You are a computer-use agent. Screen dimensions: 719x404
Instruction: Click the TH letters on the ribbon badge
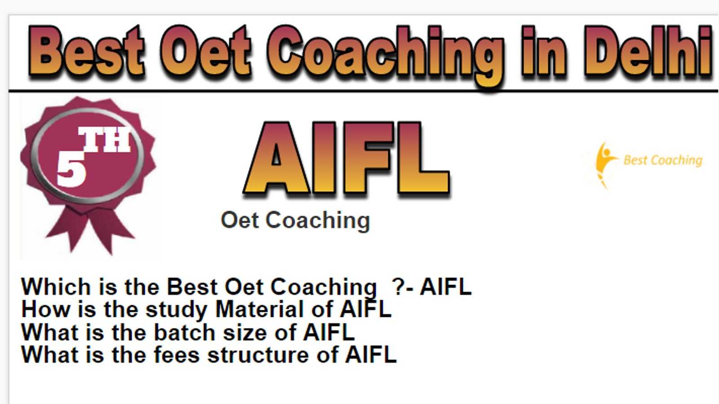click(x=105, y=140)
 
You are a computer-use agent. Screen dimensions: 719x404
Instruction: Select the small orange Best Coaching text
click(x=662, y=160)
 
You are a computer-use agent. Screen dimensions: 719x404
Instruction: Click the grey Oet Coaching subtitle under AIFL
click(x=295, y=220)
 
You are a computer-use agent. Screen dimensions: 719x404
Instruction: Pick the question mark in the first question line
click(x=398, y=286)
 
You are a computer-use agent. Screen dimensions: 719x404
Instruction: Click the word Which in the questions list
click(x=56, y=286)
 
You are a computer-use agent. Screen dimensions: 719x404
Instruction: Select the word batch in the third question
click(x=185, y=332)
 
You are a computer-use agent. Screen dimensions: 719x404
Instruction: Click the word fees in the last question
click(x=177, y=355)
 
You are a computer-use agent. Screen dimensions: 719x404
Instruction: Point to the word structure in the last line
click(x=258, y=355)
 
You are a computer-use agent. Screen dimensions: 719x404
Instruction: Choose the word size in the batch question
click(x=244, y=333)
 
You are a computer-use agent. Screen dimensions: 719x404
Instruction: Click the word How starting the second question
click(x=45, y=309)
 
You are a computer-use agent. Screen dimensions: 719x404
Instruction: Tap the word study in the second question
click(x=177, y=310)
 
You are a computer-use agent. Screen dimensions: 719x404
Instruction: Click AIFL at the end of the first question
click(x=446, y=286)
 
